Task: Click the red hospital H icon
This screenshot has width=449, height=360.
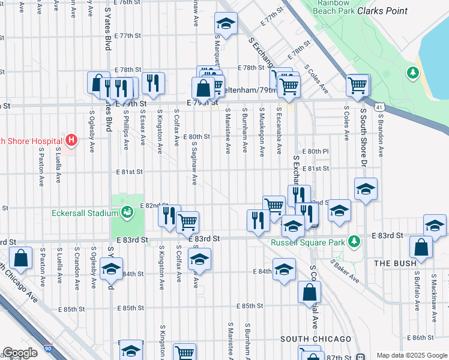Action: pos(71,141)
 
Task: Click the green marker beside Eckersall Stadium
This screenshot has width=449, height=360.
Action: pos(127,211)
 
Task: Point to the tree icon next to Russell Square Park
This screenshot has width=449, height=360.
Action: pos(354,241)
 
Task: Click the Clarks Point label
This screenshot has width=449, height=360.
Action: pos(382,11)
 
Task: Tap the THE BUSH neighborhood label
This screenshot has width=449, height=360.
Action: pos(391,263)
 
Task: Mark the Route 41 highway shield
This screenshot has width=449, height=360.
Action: pos(379,107)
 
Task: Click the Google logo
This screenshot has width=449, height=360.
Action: pos(20,353)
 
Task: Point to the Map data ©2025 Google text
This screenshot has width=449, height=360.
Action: pos(412,355)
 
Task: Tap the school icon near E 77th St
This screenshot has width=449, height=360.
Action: pos(226,24)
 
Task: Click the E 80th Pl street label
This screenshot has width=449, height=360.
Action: pos(316,151)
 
